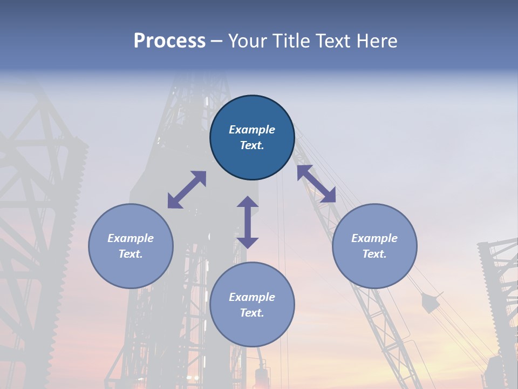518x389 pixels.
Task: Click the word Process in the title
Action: click(x=169, y=41)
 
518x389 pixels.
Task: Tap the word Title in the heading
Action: click(x=291, y=41)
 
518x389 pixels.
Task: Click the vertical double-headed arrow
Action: click(x=248, y=222)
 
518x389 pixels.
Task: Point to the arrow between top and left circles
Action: click(x=187, y=190)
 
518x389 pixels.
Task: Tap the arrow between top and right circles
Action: click(x=316, y=184)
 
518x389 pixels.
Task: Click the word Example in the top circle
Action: click(x=252, y=130)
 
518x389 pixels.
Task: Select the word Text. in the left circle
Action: click(x=131, y=254)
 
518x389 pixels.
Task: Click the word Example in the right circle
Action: click(x=374, y=238)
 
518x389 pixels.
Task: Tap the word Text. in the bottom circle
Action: click(x=252, y=313)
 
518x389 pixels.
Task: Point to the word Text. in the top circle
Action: click(x=252, y=145)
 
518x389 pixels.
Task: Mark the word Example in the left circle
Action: click(x=131, y=238)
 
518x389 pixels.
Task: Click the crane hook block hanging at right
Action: click(x=430, y=303)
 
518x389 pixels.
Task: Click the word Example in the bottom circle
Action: click(x=252, y=297)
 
